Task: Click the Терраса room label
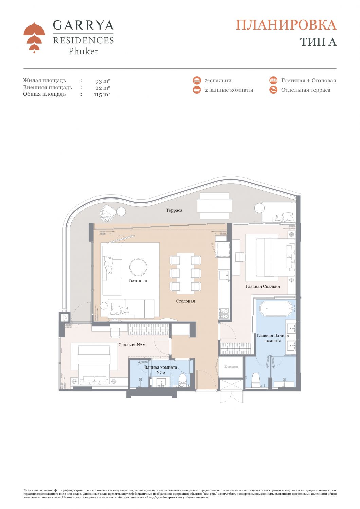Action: click(x=174, y=210)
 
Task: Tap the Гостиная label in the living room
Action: click(x=138, y=280)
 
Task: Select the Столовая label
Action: click(x=185, y=301)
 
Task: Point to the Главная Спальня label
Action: click(x=263, y=286)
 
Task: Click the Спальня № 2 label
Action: click(x=132, y=345)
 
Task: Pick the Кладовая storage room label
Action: click(x=231, y=366)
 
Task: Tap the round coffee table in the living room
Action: click(x=138, y=267)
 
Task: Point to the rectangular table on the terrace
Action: click(x=214, y=206)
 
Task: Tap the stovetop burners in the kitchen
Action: click(x=224, y=314)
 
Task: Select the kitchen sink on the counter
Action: click(x=224, y=276)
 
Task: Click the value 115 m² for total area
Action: click(x=102, y=95)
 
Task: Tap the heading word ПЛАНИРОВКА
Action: click(x=286, y=25)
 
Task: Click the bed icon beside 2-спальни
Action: click(x=197, y=81)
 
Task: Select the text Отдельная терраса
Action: click(x=306, y=90)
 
